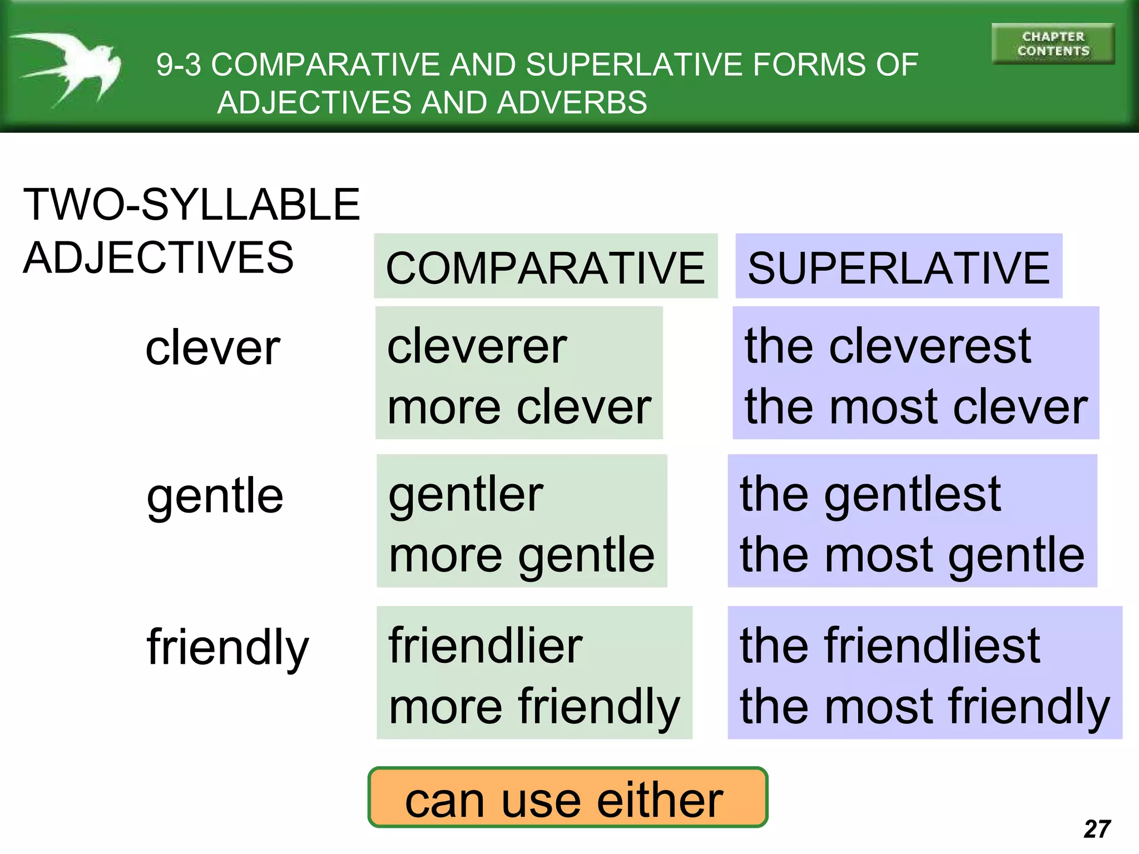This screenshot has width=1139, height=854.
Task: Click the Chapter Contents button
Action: click(1053, 44)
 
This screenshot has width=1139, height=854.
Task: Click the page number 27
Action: click(1097, 829)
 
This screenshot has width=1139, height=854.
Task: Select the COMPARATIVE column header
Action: click(545, 267)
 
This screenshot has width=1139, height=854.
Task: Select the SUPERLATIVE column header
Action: click(898, 267)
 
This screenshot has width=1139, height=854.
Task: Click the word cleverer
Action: click(477, 346)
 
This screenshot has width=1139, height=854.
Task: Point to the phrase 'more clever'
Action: click(519, 407)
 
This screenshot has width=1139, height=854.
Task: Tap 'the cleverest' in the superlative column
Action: click(888, 346)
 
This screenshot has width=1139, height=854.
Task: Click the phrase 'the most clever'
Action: click(915, 407)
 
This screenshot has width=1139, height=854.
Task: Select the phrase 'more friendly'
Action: click(534, 707)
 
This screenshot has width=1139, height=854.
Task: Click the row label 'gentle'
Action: click(215, 496)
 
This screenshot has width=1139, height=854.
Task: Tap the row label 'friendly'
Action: click(227, 648)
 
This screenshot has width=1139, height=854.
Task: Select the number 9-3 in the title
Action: click(179, 65)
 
